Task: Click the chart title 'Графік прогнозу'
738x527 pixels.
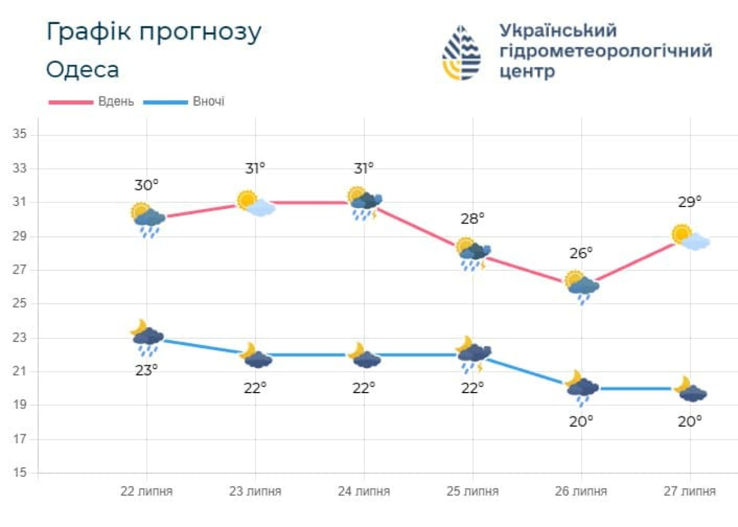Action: click(153, 33)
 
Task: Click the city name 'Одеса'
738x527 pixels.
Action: click(83, 70)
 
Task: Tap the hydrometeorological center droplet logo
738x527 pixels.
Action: click(461, 53)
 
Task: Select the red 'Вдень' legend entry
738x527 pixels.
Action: click(92, 101)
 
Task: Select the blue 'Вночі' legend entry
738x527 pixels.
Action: click(185, 101)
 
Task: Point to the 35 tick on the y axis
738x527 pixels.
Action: click(19, 134)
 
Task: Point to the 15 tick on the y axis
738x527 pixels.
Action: click(19, 472)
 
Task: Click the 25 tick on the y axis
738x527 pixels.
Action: click(19, 303)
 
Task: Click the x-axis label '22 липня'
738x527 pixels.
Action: click(146, 491)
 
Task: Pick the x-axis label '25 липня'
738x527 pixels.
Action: click(473, 491)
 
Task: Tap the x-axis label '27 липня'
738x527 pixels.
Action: click(690, 491)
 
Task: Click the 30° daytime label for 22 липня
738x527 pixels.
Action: click(146, 185)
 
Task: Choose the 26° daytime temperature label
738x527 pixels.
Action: click(580, 253)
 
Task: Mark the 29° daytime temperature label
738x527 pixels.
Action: click(690, 202)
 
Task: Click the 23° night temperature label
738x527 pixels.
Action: click(146, 370)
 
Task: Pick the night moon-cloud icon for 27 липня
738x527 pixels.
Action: click(690, 389)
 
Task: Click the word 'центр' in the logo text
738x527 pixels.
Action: click(527, 71)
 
